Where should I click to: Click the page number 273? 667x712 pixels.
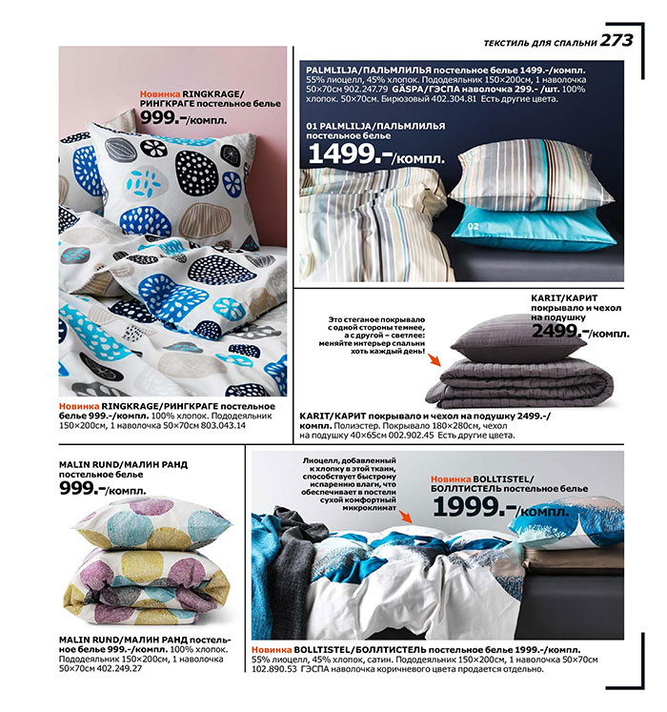pos(616,40)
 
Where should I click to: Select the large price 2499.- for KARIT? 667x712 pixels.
pos(562,332)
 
